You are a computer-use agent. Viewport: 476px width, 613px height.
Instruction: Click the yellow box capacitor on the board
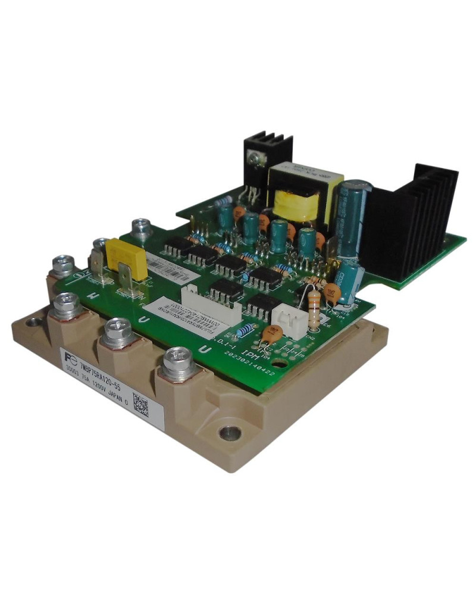coord(126,259)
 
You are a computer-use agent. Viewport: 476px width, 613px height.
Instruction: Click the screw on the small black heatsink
coord(255,159)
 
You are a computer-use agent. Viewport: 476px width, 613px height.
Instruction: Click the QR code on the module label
coord(140,405)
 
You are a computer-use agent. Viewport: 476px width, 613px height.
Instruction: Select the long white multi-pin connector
coord(211,304)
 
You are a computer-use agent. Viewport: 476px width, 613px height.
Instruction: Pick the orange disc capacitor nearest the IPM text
coord(273,334)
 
